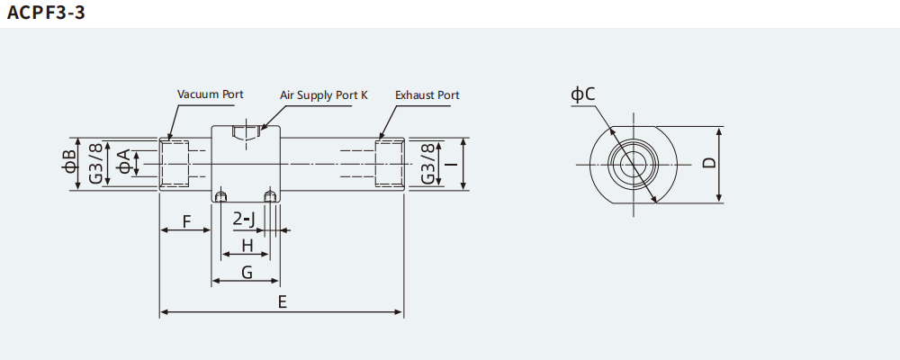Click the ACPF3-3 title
46,13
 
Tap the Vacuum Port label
210,94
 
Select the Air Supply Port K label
324,94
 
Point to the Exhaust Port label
427,94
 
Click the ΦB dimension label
69,163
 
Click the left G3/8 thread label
96,163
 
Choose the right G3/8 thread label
428,163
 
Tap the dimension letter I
447,163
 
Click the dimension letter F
185,220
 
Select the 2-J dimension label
244,219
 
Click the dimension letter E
282,302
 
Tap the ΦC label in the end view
583,94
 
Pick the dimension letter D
709,164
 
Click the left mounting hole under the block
220,195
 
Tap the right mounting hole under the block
269,195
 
